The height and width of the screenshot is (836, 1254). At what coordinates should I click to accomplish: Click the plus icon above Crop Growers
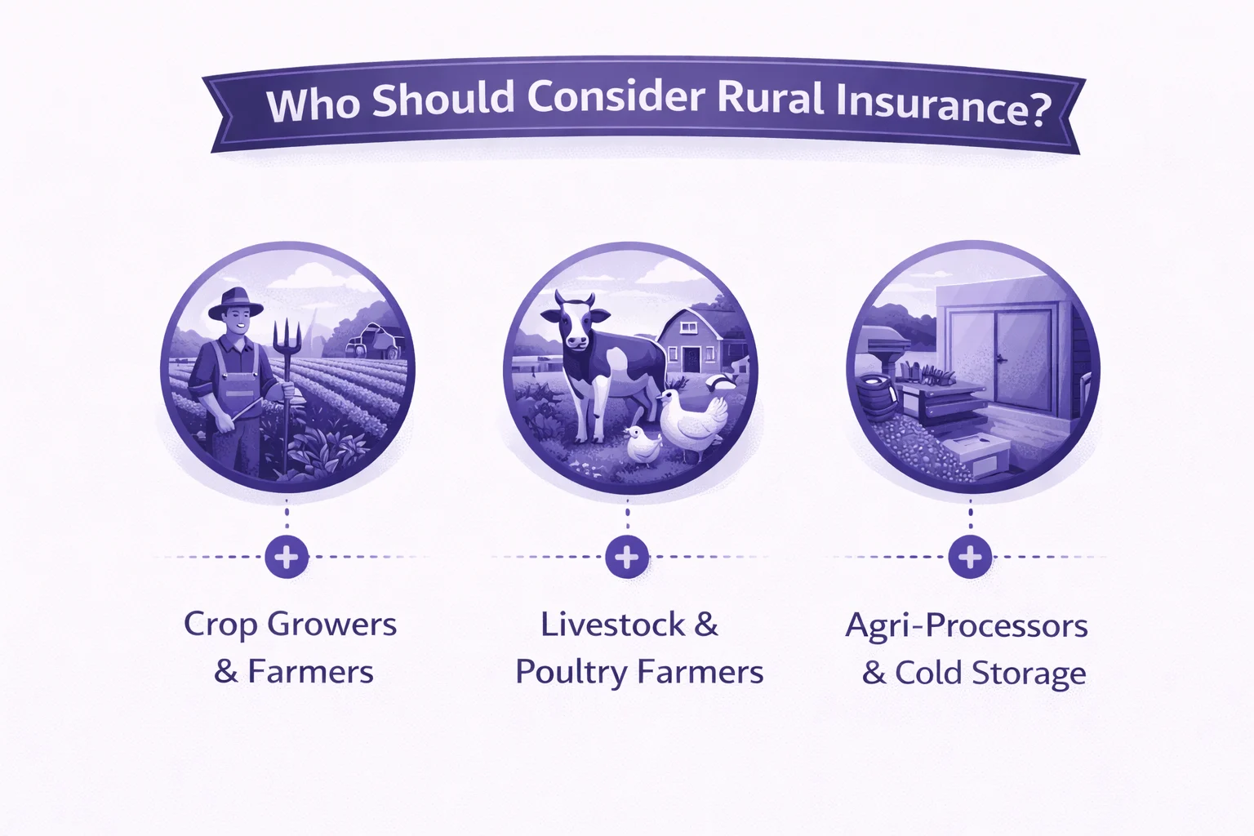point(287,558)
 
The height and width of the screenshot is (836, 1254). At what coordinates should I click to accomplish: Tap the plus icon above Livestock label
point(627,558)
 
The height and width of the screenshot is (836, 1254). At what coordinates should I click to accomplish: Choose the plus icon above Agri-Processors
point(970,558)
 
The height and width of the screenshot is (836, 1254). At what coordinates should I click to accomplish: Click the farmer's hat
point(235,305)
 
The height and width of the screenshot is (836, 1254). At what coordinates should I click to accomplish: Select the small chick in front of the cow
point(642,445)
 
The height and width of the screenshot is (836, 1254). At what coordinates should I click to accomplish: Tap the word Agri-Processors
point(967,625)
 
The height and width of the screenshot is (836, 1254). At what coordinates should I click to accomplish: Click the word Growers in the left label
point(331,625)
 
